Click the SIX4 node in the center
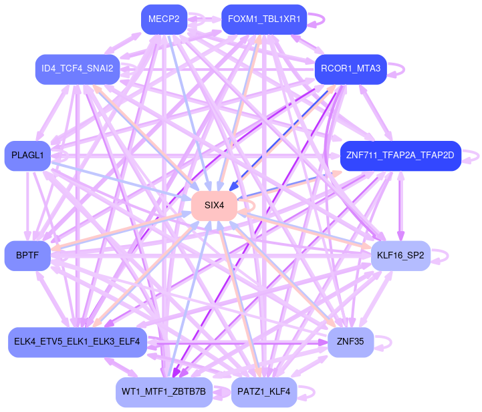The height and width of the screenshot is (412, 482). click(215, 205)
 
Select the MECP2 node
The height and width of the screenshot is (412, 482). click(164, 19)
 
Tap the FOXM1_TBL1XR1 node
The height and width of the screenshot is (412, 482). click(263, 19)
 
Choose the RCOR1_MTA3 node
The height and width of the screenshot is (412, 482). click(350, 69)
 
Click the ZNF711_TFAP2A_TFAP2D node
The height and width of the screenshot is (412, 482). click(400, 156)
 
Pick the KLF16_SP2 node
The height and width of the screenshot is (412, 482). click(400, 255)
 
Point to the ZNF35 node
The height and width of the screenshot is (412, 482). click(350, 342)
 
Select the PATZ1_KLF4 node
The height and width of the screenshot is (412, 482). click(263, 392)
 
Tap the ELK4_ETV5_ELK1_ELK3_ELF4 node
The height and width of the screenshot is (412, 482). click(77, 342)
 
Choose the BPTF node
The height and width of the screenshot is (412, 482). click(27, 255)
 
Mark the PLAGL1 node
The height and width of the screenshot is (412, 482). click(27, 156)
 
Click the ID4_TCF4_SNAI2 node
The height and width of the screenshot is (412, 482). click(77, 69)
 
